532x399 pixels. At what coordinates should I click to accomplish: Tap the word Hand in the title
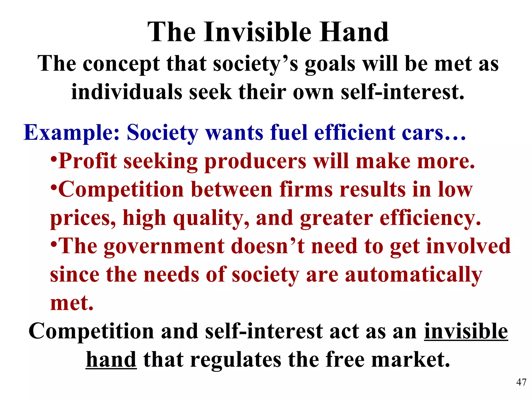[x=354, y=32]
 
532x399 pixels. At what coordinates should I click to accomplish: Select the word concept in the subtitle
[x=121, y=64]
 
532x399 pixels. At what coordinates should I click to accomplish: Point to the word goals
[x=330, y=64]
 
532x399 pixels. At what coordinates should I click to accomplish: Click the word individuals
[x=127, y=92]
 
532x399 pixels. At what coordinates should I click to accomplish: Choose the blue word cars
[x=429, y=133]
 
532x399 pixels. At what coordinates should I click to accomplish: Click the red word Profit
[x=88, y=161]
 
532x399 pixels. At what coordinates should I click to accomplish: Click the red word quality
[x=211, y=218]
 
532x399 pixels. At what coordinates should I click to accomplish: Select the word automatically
[x=414, y=275]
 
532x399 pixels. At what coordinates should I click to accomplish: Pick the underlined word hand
[x=111, y=360]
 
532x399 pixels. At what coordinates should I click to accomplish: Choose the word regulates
[x=235, y=360]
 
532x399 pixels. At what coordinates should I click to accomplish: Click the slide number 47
[x=521, y=382]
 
